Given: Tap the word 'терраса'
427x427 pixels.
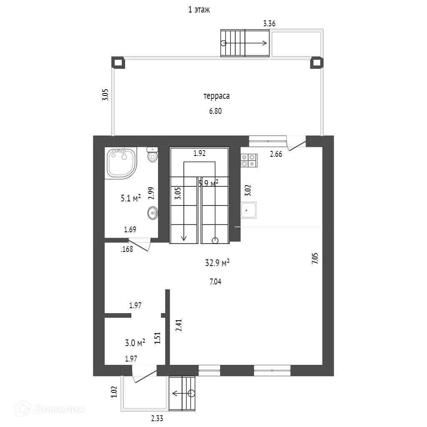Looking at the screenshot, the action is [216, 96].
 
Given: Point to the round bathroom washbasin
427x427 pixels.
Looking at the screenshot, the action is [153, 213].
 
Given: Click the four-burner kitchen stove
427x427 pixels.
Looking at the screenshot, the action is [249, 161].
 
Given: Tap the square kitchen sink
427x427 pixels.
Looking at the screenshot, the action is [249, 210].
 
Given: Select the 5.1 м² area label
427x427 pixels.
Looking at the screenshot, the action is [131, 198].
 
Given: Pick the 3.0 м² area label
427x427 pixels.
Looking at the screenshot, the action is [135, 343].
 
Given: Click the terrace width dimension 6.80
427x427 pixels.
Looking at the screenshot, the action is [215, 111].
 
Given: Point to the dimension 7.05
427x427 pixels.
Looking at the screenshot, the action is [315, 258].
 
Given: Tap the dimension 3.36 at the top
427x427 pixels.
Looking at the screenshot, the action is [269, 23].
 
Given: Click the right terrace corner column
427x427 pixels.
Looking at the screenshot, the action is [316, 63].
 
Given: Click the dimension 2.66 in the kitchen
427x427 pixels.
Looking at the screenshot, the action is [276, 154].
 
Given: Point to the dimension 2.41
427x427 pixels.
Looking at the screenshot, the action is [179, 325].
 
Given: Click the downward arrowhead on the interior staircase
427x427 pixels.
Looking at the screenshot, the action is [183, 238].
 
